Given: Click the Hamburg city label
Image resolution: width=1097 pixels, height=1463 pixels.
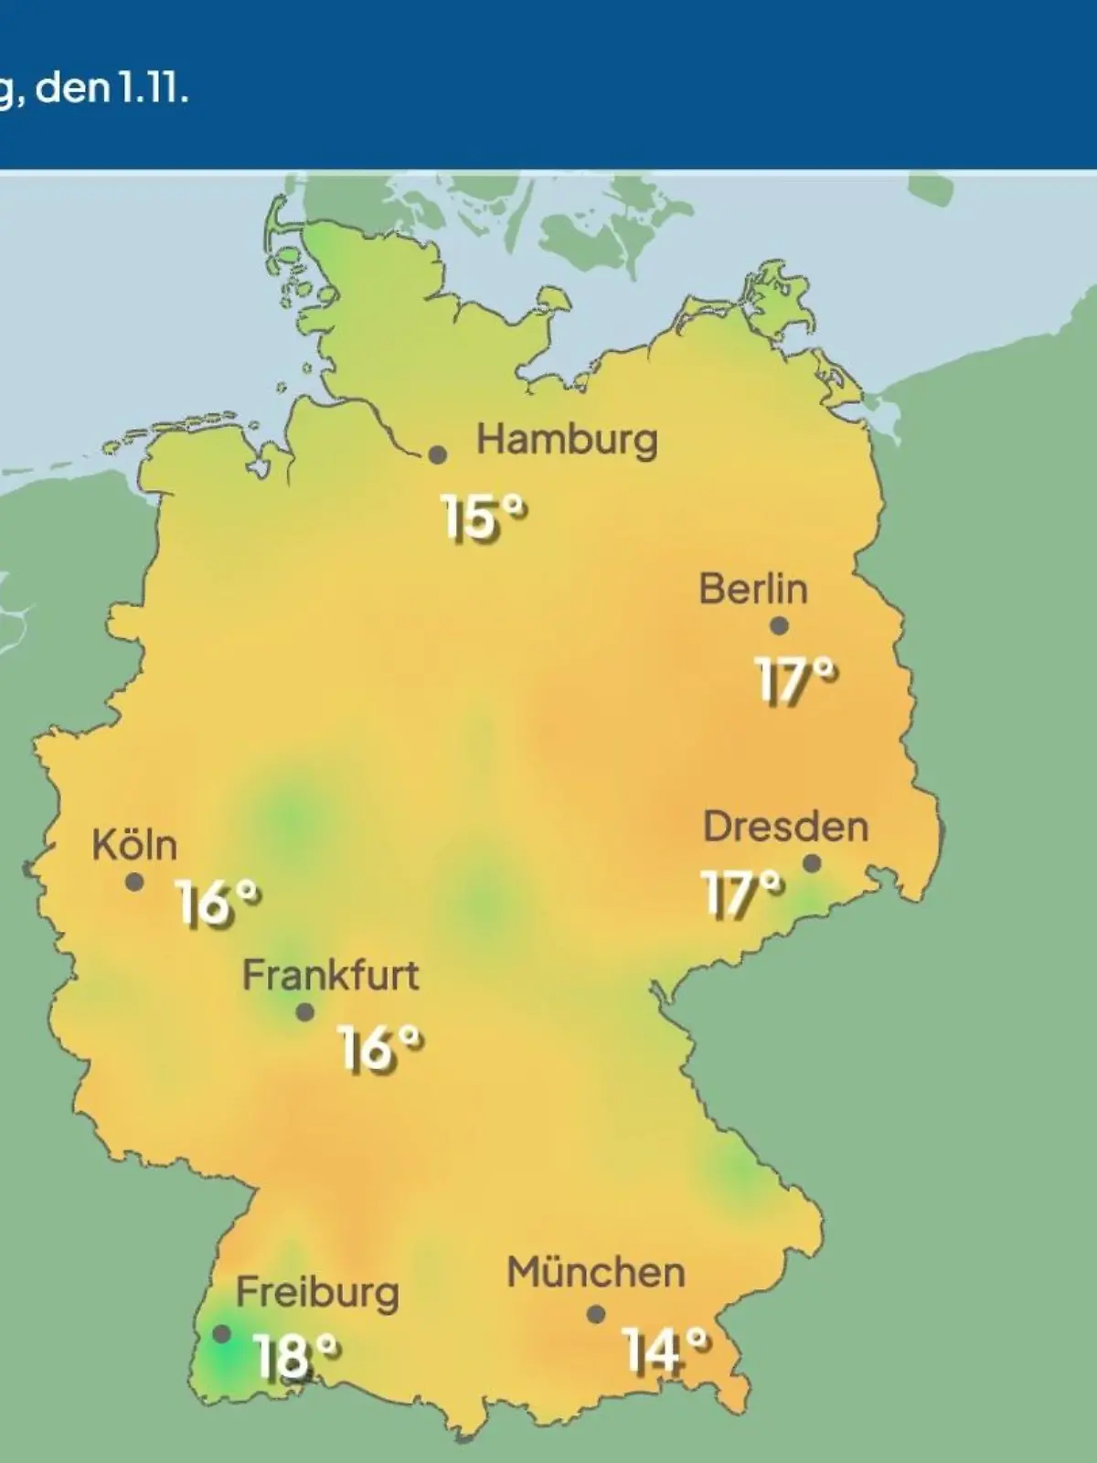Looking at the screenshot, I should [567, 441].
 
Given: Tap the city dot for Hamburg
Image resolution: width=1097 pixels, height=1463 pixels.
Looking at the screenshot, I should [438, 454].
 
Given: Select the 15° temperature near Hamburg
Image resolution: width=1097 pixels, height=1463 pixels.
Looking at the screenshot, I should [485, 518].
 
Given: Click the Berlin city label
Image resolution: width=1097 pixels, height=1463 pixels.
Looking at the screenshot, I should [753, 589].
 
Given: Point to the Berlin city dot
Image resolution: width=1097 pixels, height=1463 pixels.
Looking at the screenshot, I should [779, 626].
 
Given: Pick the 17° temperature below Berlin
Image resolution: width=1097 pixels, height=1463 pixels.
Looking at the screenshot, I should [796, 680].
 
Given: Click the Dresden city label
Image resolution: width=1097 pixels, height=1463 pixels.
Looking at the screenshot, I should [785, 828].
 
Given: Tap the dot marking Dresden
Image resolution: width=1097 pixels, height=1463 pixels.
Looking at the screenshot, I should [811, 863].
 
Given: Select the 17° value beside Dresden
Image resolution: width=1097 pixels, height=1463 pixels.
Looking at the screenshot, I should [742, 893].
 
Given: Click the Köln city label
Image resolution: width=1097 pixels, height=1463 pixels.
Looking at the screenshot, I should [134, 845].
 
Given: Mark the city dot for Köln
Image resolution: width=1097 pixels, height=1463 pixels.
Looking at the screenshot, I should [134, 882].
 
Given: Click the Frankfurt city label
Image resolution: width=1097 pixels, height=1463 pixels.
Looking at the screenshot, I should [330, 976].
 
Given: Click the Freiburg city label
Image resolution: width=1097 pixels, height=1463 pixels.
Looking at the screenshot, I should [317, 1293].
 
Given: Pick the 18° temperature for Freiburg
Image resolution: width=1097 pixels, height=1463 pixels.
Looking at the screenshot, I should [297, 1356].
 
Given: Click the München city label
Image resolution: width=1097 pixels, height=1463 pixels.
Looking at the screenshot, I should [595, 1273].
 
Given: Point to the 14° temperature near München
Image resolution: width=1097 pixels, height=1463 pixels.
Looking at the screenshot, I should [666, 1350].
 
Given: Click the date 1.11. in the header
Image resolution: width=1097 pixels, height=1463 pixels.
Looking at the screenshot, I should [152, 91].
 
